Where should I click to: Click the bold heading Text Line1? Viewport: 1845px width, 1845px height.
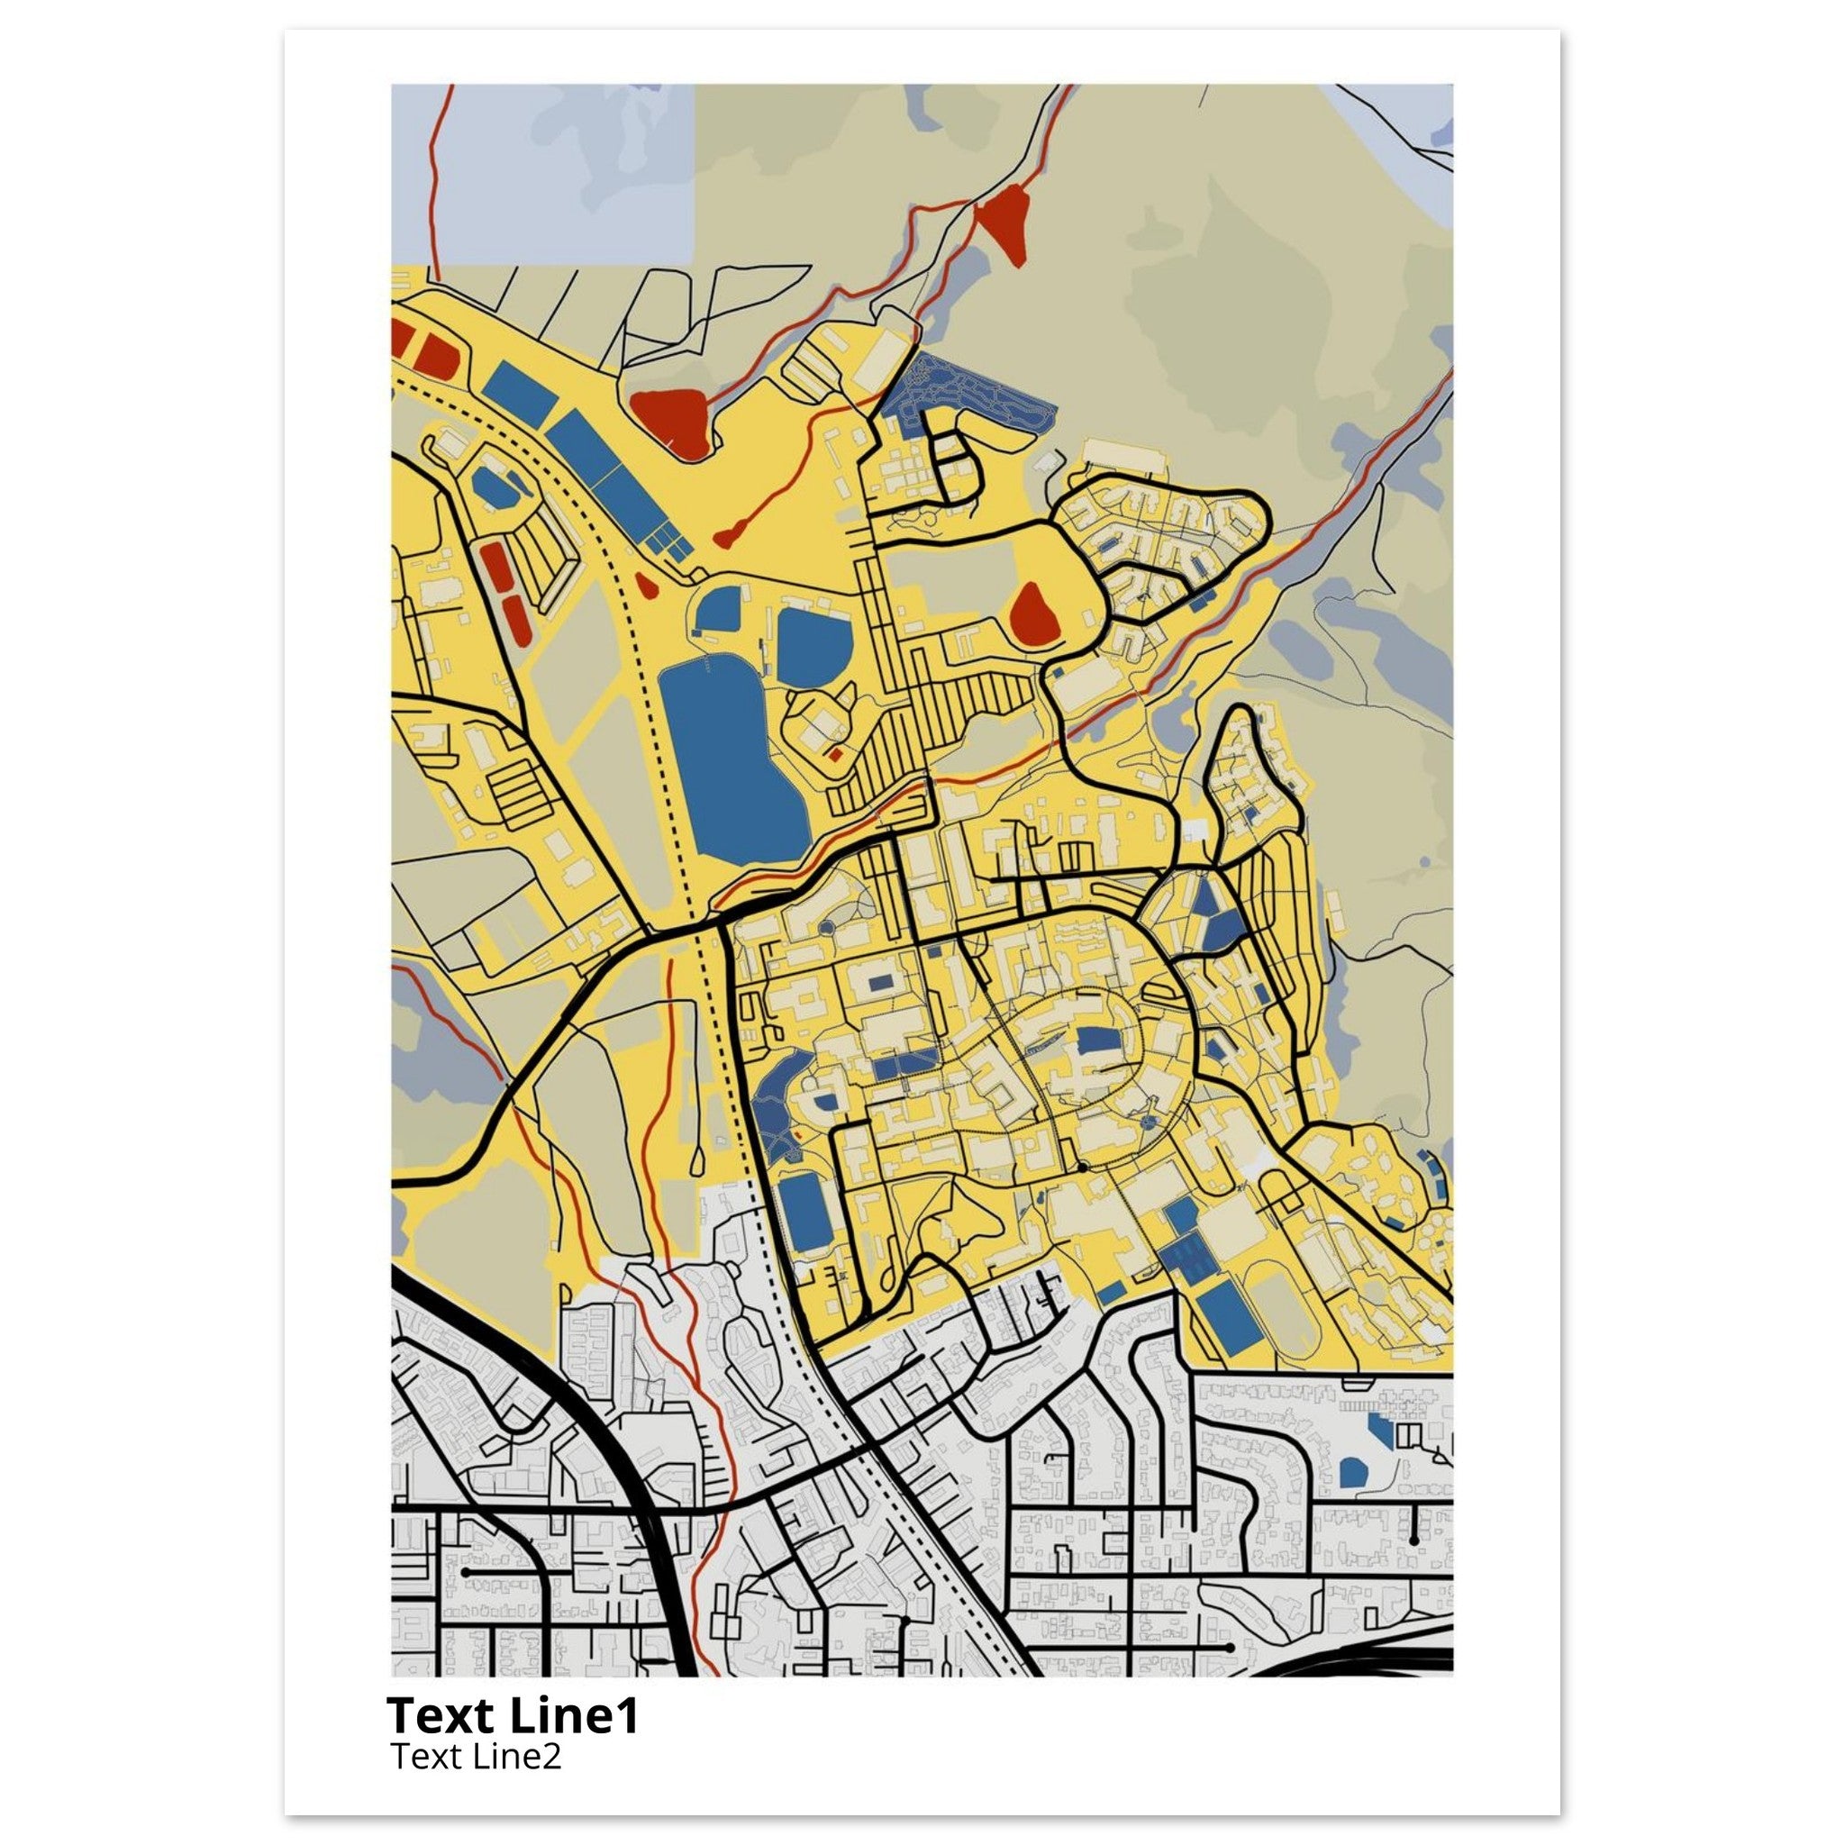click(513, 1715)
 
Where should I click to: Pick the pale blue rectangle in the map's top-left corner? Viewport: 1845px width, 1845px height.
click(541, 173)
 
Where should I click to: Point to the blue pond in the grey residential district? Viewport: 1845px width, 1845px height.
click(1352, 1472)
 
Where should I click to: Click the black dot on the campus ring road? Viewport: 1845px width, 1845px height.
click(1082, 1167)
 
